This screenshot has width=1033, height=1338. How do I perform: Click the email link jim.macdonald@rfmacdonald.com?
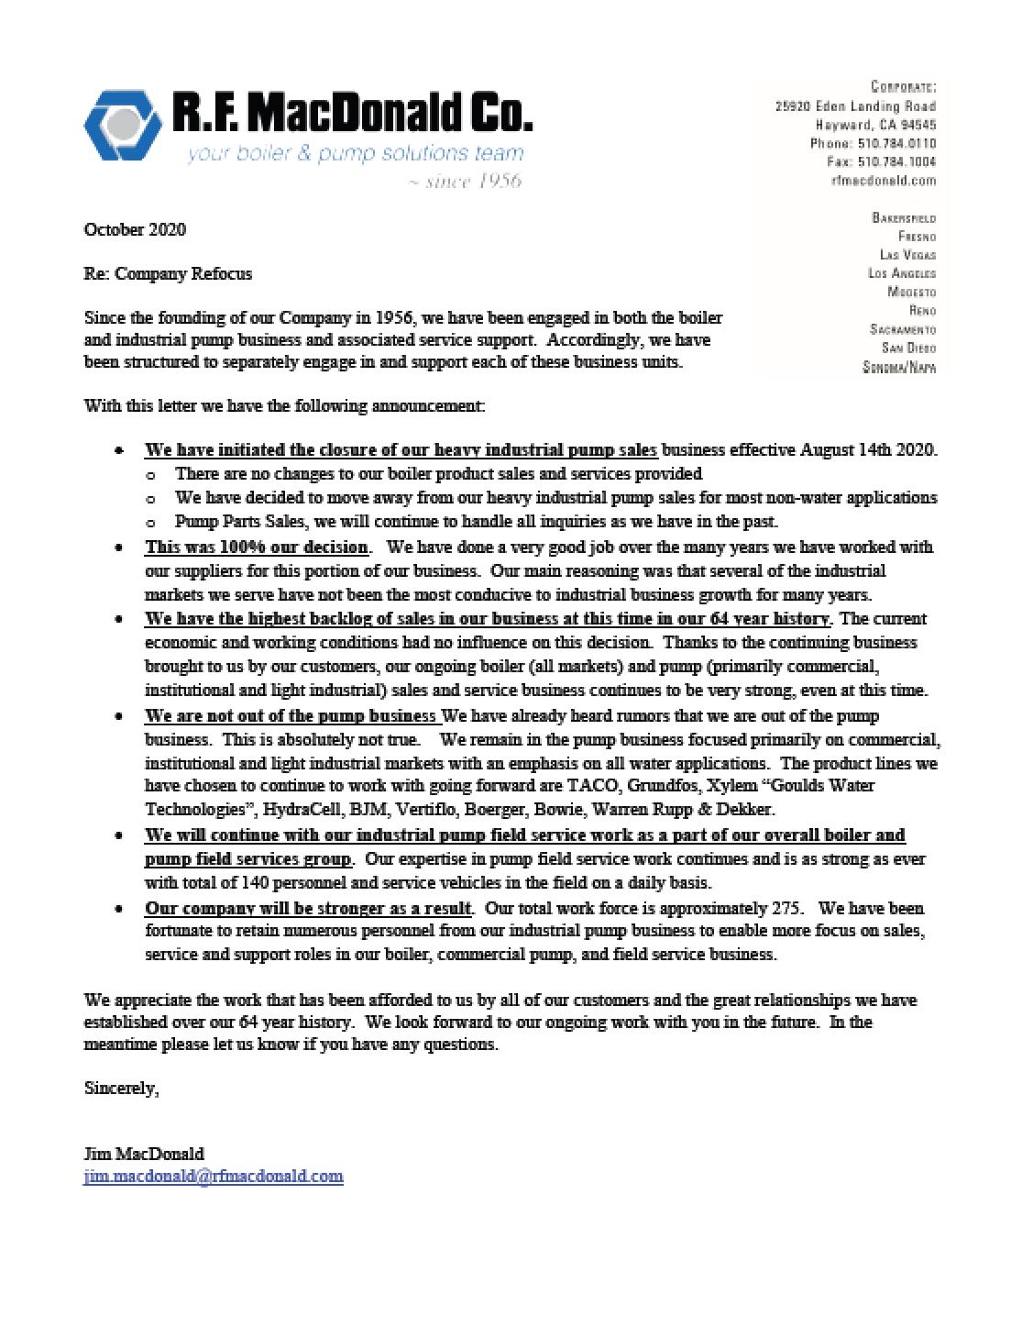coord(214,1176)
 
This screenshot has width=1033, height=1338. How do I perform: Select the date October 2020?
coord(135,229)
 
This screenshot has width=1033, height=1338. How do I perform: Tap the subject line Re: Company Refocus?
coord(168,273)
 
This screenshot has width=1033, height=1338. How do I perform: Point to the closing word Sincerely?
coord(121,1089)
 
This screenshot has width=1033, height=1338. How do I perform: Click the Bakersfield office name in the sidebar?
coord(904,218)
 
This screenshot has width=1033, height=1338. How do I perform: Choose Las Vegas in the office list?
coord(907,255)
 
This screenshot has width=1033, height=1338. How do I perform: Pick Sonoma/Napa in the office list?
coord(899,367)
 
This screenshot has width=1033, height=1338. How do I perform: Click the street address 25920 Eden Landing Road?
coord(855,106)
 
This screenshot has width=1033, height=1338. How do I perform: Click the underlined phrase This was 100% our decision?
coord(257,547)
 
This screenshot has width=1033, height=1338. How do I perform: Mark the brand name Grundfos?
coord(662,786)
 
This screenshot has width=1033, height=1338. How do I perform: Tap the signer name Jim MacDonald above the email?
coord(144,1154)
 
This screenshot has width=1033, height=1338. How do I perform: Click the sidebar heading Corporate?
coord(903,87)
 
